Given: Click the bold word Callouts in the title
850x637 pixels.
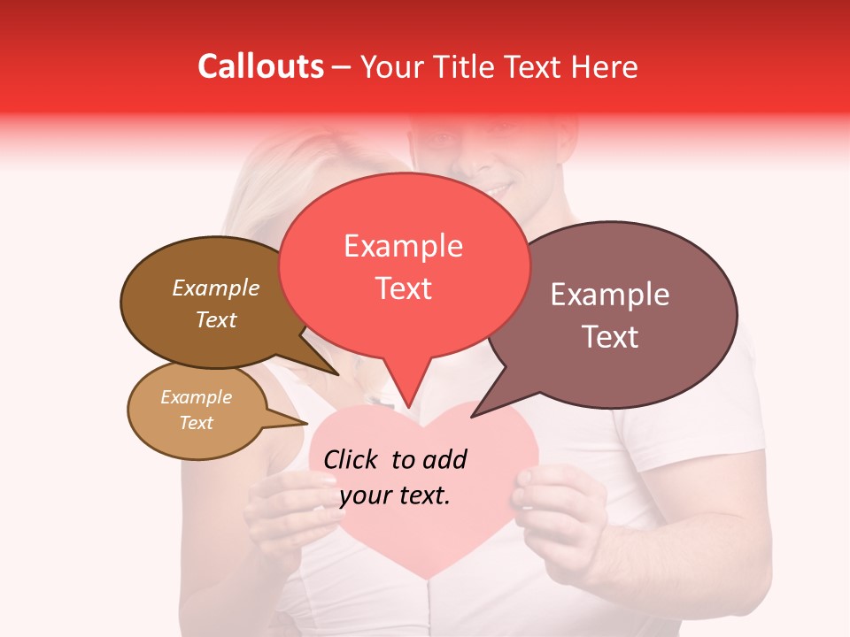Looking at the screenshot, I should point(260,66).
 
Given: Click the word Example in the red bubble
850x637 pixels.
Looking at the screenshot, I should point(403,245).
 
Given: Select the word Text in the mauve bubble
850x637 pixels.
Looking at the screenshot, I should point(610,337).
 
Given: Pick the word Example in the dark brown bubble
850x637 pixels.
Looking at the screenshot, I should point(215,288).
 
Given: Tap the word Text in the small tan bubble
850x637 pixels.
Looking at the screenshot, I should point(197,423).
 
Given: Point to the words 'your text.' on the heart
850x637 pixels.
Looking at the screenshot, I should point(395,495).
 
